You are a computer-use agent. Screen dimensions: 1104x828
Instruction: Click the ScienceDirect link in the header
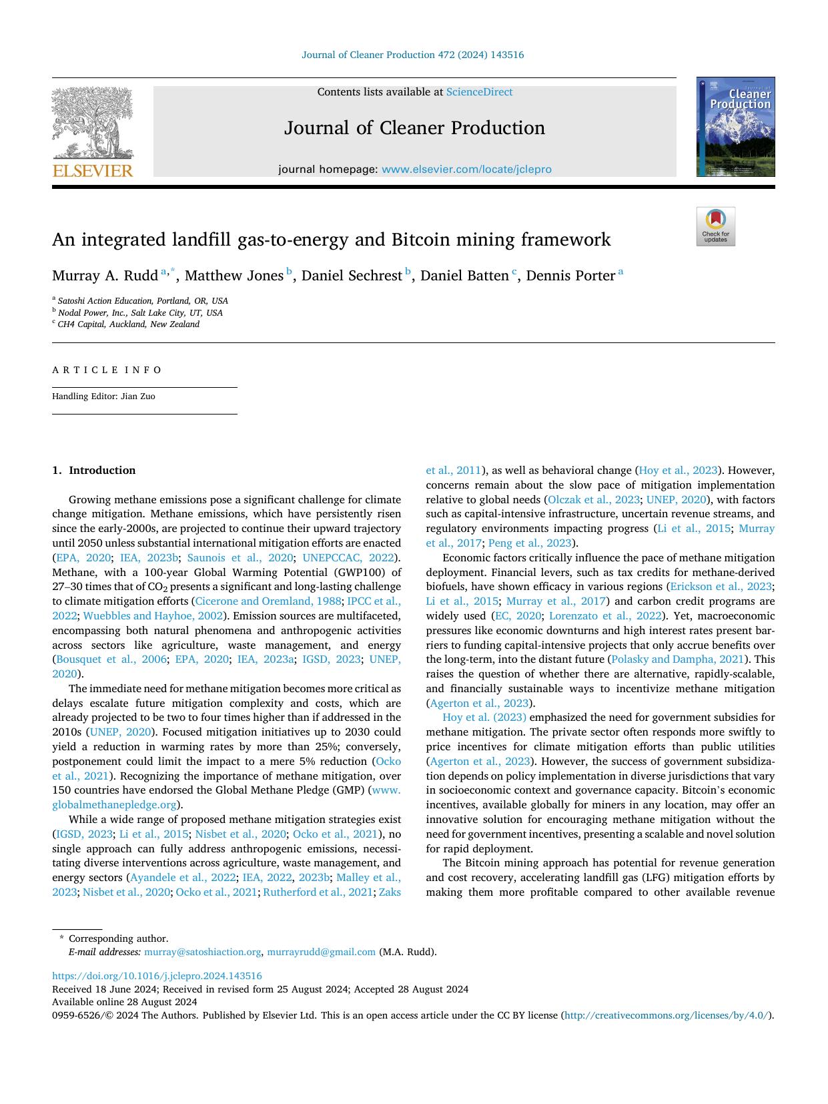[x=479, y=92]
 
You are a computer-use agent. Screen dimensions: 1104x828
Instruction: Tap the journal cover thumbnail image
[x=735, y=127]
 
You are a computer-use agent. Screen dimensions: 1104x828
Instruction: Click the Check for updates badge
[x=715, y=226]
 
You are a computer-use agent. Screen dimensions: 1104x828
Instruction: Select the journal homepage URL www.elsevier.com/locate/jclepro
[x=466, y=170]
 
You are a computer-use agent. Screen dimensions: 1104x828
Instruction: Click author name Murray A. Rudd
[x=105, y=276]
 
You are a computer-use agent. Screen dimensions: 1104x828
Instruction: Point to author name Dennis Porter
[x=570, y=276]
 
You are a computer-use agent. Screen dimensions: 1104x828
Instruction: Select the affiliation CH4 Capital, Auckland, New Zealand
[x=128, y=324]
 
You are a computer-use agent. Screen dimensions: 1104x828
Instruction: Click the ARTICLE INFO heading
[x=107, y=370]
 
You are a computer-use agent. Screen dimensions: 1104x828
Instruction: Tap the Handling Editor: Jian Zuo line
[x=103, y=396]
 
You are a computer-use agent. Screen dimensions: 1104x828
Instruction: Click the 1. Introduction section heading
[x=93, y=471]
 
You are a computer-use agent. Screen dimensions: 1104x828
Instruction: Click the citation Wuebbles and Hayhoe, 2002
[x=153, y=616]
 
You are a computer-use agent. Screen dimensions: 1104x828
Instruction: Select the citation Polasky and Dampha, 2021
[x=677, y=659]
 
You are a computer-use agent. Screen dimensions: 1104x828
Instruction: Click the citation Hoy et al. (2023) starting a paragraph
[x=484, y=718]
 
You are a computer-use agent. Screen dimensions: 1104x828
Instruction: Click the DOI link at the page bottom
[x=157, y=976]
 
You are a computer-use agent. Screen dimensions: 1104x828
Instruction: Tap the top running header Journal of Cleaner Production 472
[x=412, y=55]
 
